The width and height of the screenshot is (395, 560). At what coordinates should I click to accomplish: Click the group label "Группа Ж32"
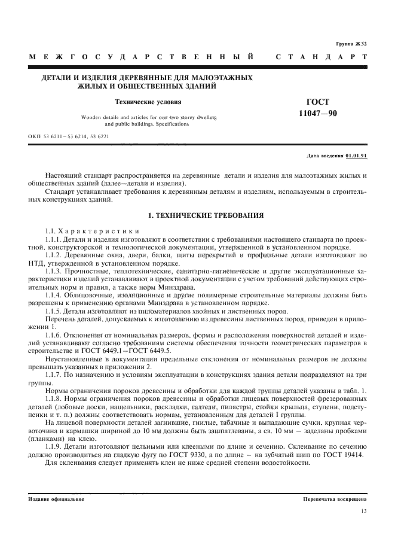point(351,44)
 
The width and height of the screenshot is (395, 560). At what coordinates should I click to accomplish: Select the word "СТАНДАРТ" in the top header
point(321,57)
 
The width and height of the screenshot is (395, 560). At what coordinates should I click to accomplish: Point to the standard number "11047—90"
point(321,113)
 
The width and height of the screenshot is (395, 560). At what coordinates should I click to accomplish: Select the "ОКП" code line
point(69,136)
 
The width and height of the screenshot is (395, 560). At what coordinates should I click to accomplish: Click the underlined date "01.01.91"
point(356,156)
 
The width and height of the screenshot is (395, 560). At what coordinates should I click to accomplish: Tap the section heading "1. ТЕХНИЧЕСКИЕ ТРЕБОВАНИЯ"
point(198,214)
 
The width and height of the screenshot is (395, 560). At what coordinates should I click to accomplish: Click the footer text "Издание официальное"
point(56,498)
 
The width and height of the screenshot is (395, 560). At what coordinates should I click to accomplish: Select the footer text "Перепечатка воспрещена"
point(335,498)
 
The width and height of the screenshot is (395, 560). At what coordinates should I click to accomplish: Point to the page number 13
point(363,510)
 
